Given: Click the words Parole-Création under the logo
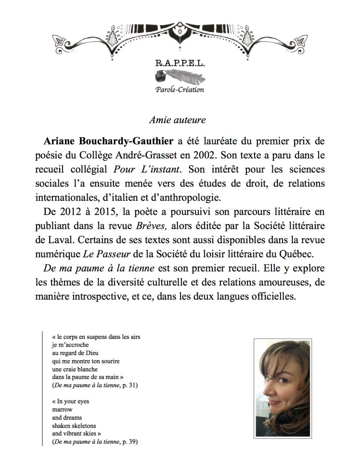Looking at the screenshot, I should [180, 89].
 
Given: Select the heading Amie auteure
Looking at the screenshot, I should [180, 120].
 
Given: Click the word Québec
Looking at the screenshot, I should [295, 253].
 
